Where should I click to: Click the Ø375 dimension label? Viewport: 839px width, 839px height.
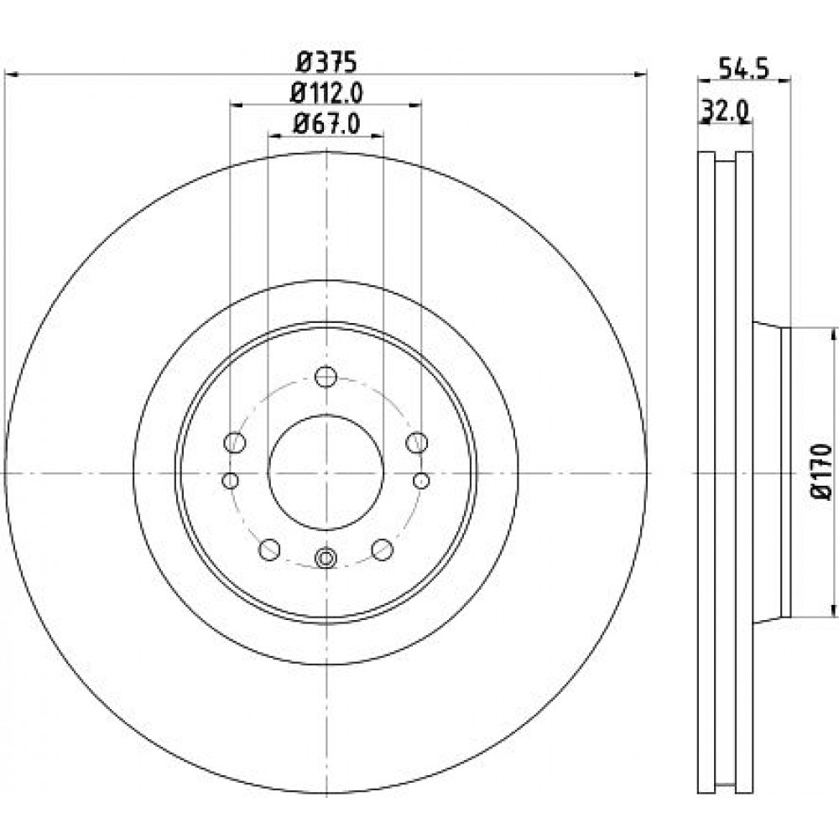pyautogui.click(x=326, y=63)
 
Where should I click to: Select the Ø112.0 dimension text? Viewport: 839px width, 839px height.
pyautogui.click(x=326, y=94)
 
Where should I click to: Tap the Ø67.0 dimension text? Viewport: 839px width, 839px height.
pyautogui.click(x=326, y=124)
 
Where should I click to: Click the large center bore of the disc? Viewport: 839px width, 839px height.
pyautogui.click(x=326, y=473)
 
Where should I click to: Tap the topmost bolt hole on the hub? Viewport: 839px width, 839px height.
pyautogui.click(x=326, y=377)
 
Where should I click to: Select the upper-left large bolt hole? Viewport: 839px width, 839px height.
pyautogui.click(x=234, y=442)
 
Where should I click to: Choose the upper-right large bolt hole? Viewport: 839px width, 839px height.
pyautogui.click(x=416, y=442)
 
